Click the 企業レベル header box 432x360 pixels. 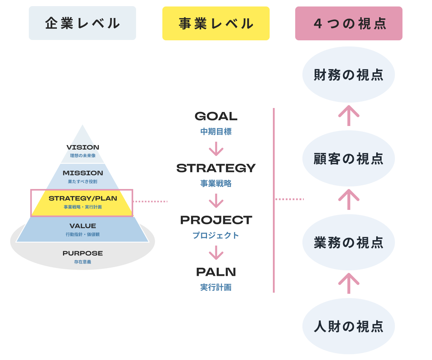pyautogui.click(x=82, y=23)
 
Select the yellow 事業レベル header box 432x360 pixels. pyautogui.click(x=216, y=23)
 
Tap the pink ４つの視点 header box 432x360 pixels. pyautogui.click(x=348, y=23)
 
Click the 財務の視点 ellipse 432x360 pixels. pyautogui.click(x=348, y=75)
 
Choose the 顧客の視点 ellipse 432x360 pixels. pyautogui.click(x=348, y=158)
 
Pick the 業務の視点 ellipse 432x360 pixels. pyautogui.click(x=348, y=242)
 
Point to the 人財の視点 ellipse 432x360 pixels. pyautogui.click(x=348, y=326)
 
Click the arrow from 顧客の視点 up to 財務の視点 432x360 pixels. pyautogui.click(x=348, y=115)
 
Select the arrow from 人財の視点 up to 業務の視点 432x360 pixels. pyautogui.click(x=348, y=283)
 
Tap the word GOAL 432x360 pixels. pyautogui.click(x=216, y=116)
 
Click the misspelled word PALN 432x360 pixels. pyautogui.click(x=216, y=272)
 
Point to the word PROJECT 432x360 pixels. pyautogui.click(x=216, y=220)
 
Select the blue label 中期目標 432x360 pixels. pyautogui.click(x=216, y=132)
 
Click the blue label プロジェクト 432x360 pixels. pyautogui.click(x=216, y=235)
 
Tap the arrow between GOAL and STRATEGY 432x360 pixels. pyautogui.click(x=216, y=149)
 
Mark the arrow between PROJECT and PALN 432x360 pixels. pyautogui.click(x=216, y=252)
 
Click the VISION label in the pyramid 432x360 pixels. pyautogui.click(x=83, y=147)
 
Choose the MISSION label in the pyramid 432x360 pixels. pyautogui.click(x=83, y=173)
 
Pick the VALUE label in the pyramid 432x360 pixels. pyautogui.click(x=83, y=226)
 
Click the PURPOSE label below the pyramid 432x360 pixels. pyautogui.click(x=83, y=253)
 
